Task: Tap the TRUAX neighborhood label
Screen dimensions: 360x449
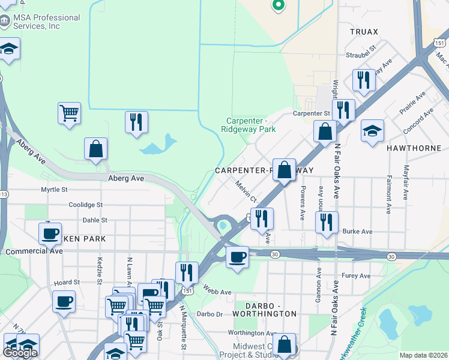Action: [x=365, y=32]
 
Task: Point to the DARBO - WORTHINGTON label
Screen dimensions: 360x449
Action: [x=265, y=313]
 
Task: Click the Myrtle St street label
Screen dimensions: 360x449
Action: [x=54, y=190]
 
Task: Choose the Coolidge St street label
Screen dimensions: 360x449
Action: [x=86, y=205]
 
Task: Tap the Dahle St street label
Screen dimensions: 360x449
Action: [x=95, y=220]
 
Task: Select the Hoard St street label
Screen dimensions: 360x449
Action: [x=67, y=282]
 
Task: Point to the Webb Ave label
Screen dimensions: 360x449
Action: [x=217, y=292]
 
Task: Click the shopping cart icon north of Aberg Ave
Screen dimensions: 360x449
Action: [x=70, y=112]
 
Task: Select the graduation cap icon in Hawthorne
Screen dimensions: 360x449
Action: [x=372, y=131]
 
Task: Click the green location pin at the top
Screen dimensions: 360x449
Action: [x=278, y=5]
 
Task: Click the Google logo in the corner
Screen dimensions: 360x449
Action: [x=20, y=353]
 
